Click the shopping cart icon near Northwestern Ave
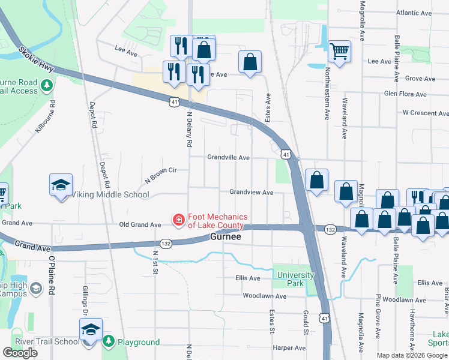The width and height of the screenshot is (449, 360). coord(340,51)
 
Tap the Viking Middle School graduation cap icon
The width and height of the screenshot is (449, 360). coord(61,185)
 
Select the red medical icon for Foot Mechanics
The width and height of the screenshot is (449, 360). coord(178,221)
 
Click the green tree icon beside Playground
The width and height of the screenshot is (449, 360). coord(109,342)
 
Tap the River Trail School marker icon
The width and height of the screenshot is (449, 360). coord(91,330)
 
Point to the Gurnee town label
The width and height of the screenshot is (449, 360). coord(226,238)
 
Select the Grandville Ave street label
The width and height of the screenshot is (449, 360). coord(228,157)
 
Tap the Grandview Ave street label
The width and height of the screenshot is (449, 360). coord(252,193)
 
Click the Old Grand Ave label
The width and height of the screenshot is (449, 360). coord(140,224)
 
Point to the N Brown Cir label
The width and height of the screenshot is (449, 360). coord(160,175)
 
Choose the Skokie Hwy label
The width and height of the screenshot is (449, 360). coord(37,60)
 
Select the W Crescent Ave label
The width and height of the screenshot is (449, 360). coord(425,112)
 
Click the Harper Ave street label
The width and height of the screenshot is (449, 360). coord(289,347)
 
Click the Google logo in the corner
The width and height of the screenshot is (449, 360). coord(20,353)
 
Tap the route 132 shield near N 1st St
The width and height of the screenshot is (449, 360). coord(166,243)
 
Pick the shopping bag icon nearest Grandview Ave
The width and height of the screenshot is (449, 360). coord(316,180)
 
